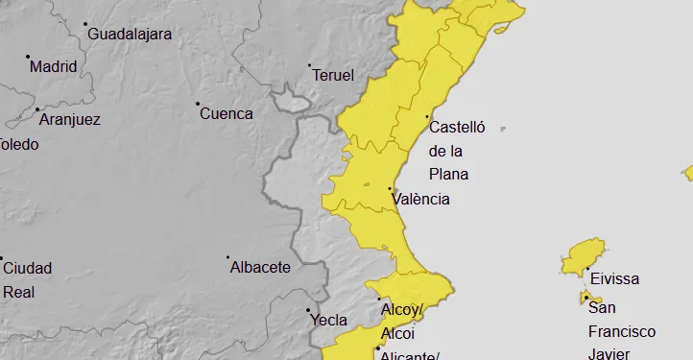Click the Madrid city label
53,67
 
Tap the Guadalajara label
130,35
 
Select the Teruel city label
334,75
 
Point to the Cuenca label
226,113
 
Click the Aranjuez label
68,120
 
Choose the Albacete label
260,268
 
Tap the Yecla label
329,321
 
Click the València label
421,200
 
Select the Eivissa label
614,279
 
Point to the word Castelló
458,127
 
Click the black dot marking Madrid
28,57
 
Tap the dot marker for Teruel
309,65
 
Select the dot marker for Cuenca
198,104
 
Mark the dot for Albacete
227,257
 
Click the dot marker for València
389,189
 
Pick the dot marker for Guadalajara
84,24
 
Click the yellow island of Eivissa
584,256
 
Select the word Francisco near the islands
622,331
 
